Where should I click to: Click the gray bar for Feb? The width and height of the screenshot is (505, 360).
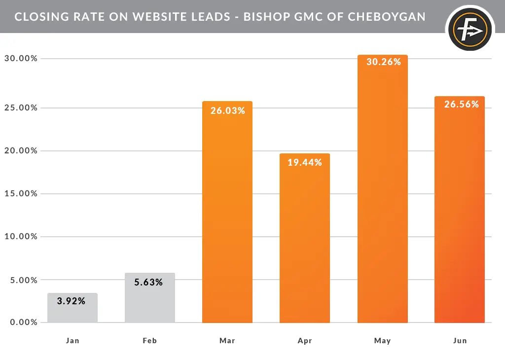click(150, 303)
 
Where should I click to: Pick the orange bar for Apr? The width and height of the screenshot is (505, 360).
click(305, 247)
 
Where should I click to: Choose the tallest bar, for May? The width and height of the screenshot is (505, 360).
click(383, 197)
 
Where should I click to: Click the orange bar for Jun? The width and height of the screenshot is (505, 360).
click(460, 217)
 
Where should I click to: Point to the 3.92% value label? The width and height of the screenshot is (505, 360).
click(71, 301)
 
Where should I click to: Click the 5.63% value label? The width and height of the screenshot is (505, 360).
click(148, 283)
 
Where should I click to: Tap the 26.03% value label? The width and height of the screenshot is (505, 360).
click(228, 111)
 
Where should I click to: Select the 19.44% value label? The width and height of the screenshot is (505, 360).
click(305, 162)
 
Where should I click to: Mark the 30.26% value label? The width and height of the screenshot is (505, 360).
click(384, 62)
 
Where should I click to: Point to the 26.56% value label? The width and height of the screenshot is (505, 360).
click(462, 105)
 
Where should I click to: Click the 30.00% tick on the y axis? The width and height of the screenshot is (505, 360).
click(21, 59)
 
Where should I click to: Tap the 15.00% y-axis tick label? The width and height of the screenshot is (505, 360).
click(21, 193)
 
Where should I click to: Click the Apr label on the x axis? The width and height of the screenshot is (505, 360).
click(305, 341)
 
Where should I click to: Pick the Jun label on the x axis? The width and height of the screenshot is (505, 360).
click(460, 341)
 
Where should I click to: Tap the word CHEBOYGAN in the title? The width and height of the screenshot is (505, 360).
click(387, 17)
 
